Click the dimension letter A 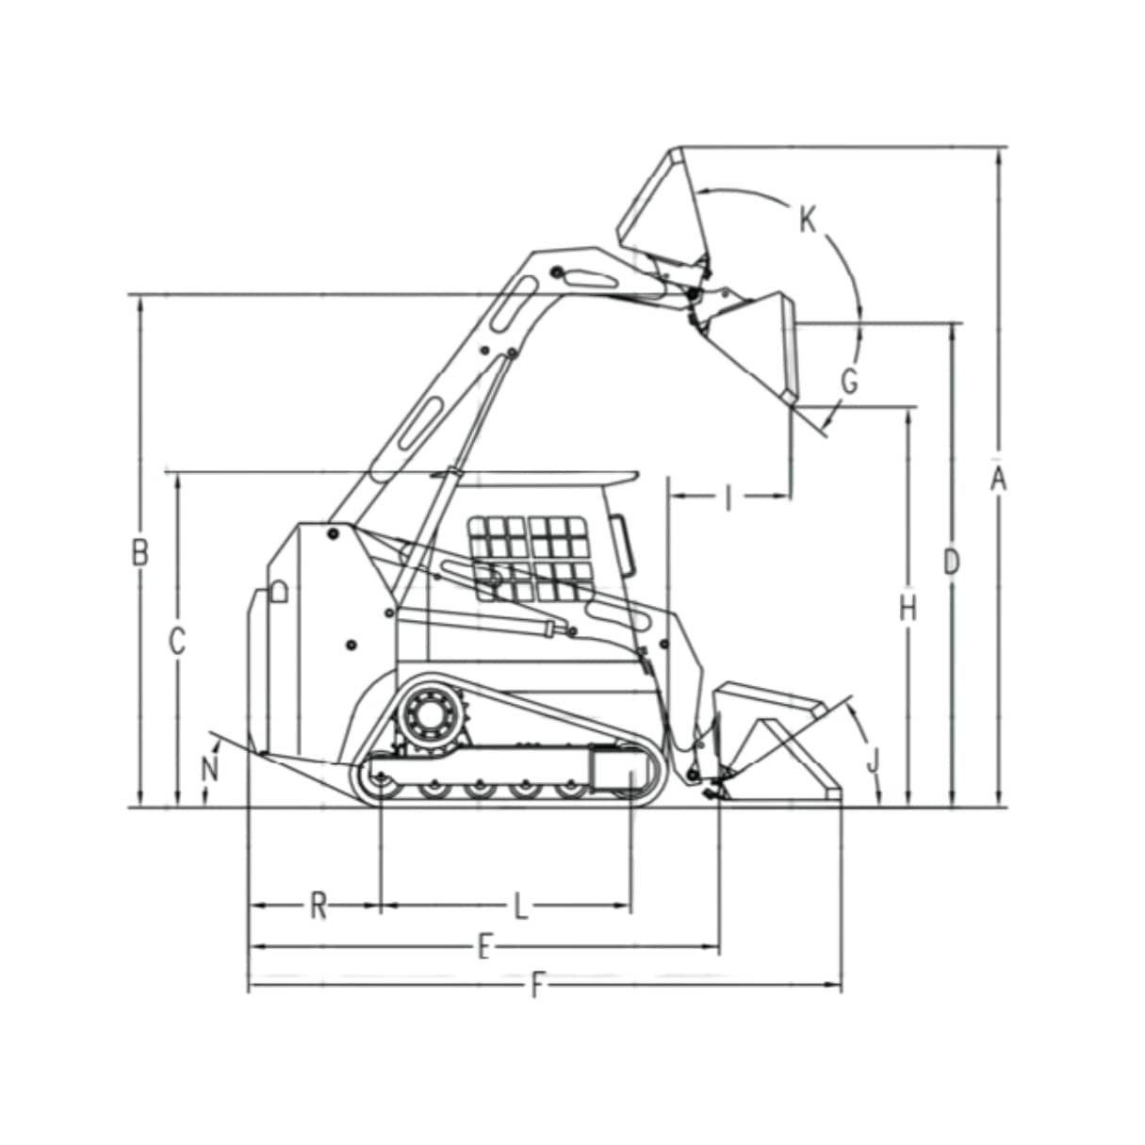point(998,479)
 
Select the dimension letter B point(139,552)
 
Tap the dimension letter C point(176,642)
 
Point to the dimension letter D point(952,563)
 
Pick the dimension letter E point(483,946)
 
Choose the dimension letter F point(538,986)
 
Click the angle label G point(849,382)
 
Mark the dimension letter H point(908,610)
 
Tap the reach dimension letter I point(728,498)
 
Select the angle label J point(873,759)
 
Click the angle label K point(808,221)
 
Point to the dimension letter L point(520,907)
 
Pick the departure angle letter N point(210,769)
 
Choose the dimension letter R point(319,907)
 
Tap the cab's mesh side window point(529,558)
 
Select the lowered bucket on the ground point(777,744)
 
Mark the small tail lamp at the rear point(278,592)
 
